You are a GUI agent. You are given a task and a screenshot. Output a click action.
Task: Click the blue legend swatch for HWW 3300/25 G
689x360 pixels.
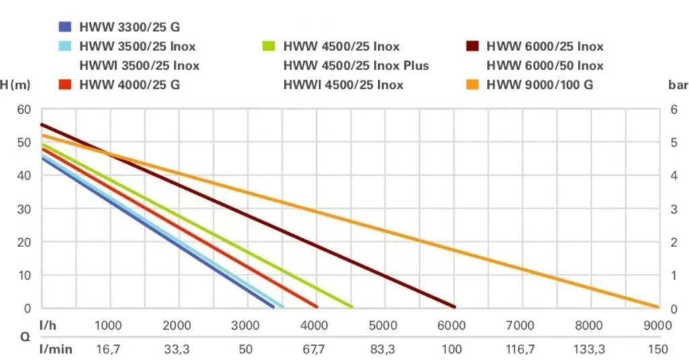(65, 28)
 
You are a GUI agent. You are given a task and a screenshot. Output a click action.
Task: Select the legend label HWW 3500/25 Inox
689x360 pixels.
(139, 46)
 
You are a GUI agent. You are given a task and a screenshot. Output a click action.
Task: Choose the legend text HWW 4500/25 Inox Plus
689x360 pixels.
(356, 65)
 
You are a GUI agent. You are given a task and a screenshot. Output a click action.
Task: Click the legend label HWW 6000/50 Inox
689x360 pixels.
(544, 65)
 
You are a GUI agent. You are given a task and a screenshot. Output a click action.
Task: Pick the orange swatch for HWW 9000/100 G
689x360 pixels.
(472, 85)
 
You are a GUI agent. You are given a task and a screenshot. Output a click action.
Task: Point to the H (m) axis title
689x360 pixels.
(15, 85)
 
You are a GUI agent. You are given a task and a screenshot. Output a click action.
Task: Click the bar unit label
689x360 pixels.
(678, 85)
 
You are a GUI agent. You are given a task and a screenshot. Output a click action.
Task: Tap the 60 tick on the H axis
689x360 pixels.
(24, 109)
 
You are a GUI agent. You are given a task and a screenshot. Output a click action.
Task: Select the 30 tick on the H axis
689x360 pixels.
(24, 209)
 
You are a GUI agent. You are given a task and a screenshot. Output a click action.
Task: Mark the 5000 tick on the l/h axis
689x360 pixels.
(383, 325)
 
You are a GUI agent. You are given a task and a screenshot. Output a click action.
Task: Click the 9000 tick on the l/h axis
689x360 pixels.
(657, 325)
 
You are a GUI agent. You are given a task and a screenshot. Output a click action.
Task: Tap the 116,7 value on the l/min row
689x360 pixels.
(520, 349)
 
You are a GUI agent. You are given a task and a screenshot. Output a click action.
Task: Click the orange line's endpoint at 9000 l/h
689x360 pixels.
(657, 307)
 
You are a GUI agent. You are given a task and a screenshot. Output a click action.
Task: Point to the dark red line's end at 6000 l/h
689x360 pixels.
(454, 306)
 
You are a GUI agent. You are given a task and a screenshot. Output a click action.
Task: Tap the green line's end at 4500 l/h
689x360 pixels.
(351, 306)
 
